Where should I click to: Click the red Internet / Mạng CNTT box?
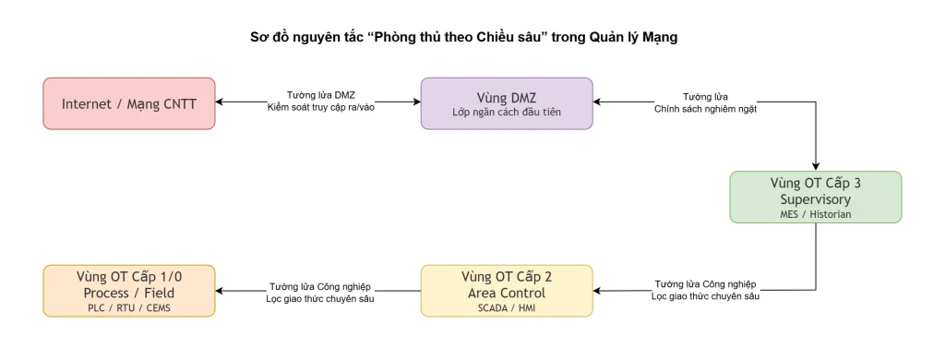pos(129,103)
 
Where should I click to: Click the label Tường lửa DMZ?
pos(320,96)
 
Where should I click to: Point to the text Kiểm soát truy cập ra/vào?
pos(320,109)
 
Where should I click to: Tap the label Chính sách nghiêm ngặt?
pos(705,109)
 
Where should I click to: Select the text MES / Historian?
pos(815,214)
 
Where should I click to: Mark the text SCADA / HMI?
pos(507,308)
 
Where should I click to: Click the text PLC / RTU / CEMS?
pos(129,308)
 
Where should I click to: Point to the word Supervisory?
pos(815,198)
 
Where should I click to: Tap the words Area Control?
pos(507,293)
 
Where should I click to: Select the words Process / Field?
pos(129,293)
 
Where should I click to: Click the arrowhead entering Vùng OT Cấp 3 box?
pos(815,166)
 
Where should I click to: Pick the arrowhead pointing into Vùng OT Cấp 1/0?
pos(221,291)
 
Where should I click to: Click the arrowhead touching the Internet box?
pos(221,102)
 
